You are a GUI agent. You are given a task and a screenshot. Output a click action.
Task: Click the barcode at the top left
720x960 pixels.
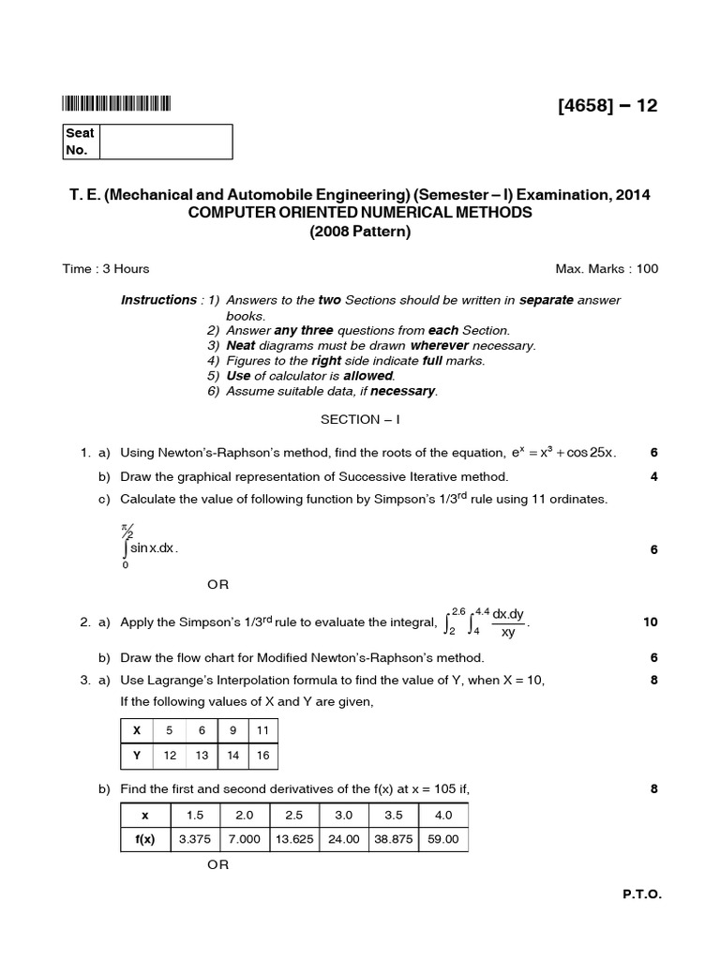point(117,104)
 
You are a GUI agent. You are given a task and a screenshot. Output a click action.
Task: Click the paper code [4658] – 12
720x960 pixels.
point(607,105)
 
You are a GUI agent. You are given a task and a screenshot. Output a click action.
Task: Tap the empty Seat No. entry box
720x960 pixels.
point(165,142)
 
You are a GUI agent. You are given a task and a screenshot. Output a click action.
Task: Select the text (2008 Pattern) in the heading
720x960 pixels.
point(360,232)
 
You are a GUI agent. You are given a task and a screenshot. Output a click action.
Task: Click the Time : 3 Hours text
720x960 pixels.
point(106,269)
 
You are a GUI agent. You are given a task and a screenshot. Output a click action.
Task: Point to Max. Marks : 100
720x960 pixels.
point(607,269)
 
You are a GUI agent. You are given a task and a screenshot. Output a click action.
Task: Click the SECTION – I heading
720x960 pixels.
point(360,419)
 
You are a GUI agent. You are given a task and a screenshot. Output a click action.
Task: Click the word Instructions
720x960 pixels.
point(157,300)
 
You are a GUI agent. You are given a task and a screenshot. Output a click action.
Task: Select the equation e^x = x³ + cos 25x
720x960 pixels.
point(561,453)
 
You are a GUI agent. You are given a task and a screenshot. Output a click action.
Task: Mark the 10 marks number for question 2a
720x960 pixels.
point(650,622)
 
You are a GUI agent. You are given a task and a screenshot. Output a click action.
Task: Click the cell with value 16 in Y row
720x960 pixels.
point(262,756)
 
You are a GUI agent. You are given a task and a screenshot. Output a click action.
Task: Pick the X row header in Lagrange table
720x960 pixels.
point(137,730)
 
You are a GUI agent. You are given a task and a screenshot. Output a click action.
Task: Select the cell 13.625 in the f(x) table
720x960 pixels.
point(294,839)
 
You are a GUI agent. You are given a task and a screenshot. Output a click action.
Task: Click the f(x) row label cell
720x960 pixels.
point(144,839)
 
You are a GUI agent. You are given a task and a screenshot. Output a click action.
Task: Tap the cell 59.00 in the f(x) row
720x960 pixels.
point(443,839)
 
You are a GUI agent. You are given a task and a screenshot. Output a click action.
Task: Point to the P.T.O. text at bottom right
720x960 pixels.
point(642,895)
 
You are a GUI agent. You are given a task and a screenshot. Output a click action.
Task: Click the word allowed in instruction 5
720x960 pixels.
point(368,375)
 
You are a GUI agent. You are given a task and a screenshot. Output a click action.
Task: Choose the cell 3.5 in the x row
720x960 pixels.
point(394,815)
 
